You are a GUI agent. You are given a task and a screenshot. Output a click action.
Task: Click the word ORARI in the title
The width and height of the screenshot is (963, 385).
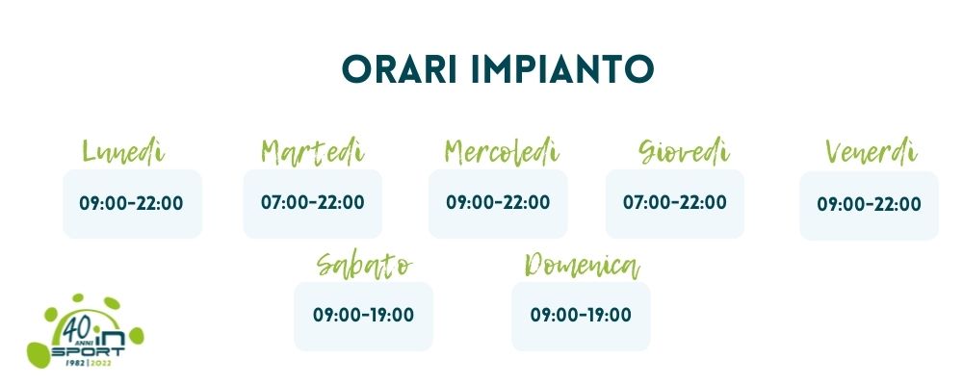click(400, 69)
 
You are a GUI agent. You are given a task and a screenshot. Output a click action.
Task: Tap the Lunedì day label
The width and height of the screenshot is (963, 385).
click(123, 152)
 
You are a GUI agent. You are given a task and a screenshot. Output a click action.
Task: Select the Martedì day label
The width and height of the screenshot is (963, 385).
click(313, 152)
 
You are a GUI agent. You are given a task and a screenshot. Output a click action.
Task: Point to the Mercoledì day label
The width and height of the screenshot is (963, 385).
click(503, 152)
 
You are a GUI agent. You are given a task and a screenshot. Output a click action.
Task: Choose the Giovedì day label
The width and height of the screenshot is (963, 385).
click(684, 152)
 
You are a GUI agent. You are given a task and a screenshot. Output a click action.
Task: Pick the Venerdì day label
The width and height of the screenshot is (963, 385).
click(872, 152)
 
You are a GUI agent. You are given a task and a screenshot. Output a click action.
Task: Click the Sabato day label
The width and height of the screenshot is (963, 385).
click(365, 266)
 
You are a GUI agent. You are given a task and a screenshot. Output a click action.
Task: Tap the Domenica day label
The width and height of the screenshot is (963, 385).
click(583, 266)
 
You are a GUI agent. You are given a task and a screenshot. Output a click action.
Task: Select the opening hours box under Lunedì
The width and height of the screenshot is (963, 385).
click(133, 204)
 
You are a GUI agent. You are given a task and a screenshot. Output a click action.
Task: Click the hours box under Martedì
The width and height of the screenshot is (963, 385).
click(313, 203)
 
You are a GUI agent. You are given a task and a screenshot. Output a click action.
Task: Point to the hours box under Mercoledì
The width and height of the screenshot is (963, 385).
click(498, 203)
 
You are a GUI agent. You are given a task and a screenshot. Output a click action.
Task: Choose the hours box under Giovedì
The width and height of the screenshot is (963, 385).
click(675, 203)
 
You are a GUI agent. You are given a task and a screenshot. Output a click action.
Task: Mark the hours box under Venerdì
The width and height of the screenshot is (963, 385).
click(869, 205)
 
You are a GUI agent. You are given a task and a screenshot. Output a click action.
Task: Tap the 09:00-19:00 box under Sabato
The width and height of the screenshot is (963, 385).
click(364, 317)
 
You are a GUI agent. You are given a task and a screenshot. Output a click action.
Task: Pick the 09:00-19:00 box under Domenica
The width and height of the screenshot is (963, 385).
click(581, 317)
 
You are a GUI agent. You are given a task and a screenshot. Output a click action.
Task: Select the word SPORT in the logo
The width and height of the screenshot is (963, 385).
click(88, 352)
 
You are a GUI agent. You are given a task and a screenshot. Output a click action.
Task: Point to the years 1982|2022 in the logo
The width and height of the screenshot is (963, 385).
click(88, 362)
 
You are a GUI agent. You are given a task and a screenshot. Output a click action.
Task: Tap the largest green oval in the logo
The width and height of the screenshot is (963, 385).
click(39, 354)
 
